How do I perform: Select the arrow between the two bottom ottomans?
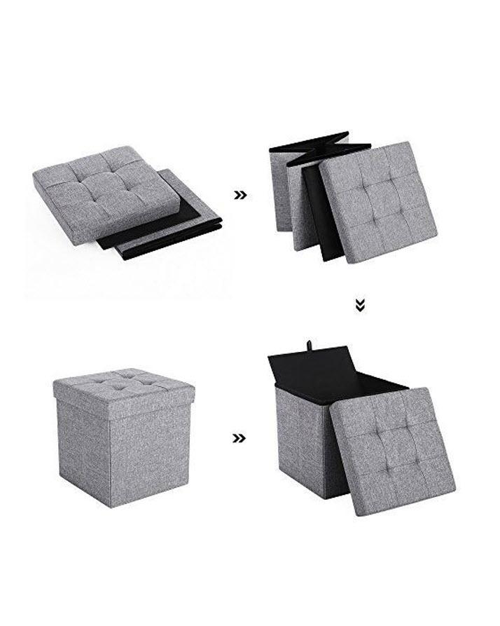click(240, 438)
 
